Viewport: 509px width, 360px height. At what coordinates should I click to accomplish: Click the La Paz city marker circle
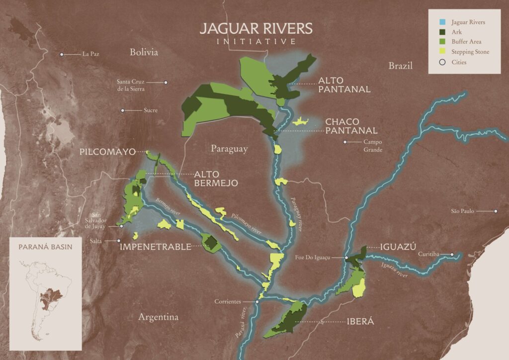pyautogui.click(x=62, y=54)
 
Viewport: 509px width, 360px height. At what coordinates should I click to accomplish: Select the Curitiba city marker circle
pyautogui.click(x=452, y=255)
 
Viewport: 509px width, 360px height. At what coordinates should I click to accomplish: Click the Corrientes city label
pyautogui.click(x=228, y=301)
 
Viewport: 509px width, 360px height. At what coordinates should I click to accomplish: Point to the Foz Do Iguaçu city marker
pyautogui.click(x=346, y=258)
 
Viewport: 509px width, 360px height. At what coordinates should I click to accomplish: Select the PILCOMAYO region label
pyautogui.click(x=107, y=152)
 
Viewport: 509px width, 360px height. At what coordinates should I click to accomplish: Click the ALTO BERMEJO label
pyautogui.click(x=216, y=179)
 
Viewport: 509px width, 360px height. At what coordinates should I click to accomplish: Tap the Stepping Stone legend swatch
pyautogui.click(x=438, y=52)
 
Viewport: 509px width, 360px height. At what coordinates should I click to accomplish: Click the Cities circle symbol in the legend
pyautogui.click(x=438, y=62)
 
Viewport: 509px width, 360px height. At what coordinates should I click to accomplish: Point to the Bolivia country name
pyautogui.click(x=144, y=52)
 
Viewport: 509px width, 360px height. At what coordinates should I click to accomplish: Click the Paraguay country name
pyautogui.click(x=229, y=148)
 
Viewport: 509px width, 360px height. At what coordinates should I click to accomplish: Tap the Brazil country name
pyautogui.click(x=401, y=66)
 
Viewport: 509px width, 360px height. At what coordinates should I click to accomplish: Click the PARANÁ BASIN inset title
pyautogui.click(x=45, y=247)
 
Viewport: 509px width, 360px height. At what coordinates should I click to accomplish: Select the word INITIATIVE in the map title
pyautogui.click(x=256, y=42)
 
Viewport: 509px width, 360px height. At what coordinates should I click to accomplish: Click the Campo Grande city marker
pyautogui.click(x=344, y=142)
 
